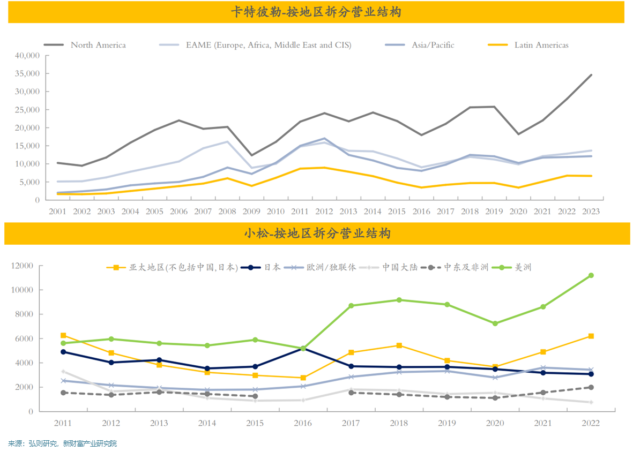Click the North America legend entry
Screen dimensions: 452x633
click(98, 45)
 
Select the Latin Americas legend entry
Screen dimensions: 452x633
click(541, 45)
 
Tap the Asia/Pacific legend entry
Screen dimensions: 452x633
click(433, 45)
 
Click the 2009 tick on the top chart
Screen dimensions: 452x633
click(252, 211)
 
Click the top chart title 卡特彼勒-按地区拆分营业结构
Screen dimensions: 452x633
click(316, 12)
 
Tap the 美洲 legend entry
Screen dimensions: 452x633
click(523, 267)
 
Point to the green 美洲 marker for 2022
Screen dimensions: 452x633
click(591, 275)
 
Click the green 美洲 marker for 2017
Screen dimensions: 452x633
click(351, 306)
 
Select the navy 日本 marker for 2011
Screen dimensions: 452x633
click(63, 352)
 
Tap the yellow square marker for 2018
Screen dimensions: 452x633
click(399, 345)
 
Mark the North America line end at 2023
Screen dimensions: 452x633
click(591, 75)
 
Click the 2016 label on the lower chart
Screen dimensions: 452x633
click(303, 423)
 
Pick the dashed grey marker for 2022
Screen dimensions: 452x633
click(591, 387)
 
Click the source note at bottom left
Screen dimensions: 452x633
click(62, 443)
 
